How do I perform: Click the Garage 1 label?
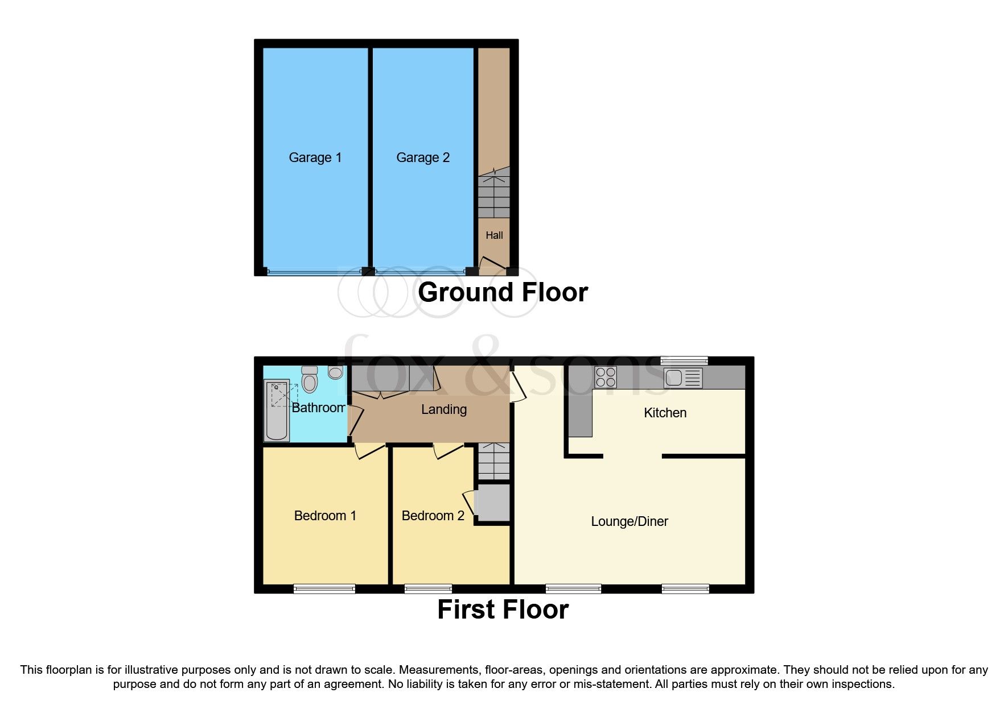[x=315, y=157]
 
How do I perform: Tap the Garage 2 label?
[x=422, y=157]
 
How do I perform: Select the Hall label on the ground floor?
[x=494, y=235]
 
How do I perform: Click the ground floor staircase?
[x=493, y=193]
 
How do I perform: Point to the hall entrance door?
[x=493, y=264]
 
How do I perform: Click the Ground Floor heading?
[x=503, y=292]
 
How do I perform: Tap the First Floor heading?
[x=503, y=609]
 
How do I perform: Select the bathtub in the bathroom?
[x=277, y=410]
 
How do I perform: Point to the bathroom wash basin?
[x=336, y=372]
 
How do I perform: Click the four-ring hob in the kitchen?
[x=606, y=378]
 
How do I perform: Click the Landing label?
[x=444, y=409]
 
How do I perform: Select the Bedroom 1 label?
[x=325, y=516]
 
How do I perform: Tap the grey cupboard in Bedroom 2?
[x=492, y=502]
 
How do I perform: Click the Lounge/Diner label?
[x=630, y=521]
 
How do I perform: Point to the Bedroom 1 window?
[x=324, y=589]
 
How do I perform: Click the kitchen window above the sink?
[x=684, y=360]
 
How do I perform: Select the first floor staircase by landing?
[x=493, y=461]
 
